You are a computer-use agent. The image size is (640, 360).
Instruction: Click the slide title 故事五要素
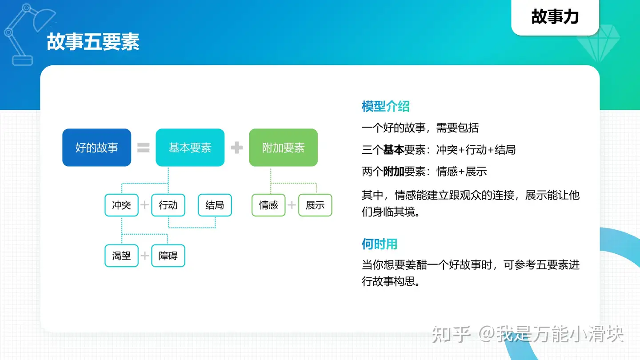[93, 42]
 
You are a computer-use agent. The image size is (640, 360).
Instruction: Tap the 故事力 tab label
[555, 16]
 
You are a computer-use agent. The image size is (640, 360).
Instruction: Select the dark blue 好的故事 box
[96, 148]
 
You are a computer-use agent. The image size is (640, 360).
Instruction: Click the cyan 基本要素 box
[190, 148]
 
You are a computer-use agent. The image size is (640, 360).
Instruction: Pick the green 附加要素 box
[283, 148]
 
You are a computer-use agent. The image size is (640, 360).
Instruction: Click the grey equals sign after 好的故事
[144, 148]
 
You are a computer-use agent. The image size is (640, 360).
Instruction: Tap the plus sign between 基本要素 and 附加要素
[236, 148]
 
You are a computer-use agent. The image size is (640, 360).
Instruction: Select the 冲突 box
[121, 205]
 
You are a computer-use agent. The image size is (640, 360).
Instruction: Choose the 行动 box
[168, 205]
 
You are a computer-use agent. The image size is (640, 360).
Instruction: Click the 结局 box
[215, 205]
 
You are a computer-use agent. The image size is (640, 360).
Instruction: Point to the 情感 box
[268, 205]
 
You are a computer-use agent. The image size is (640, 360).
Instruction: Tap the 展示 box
[315, 205]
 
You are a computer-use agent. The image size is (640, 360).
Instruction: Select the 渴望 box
[121, 256]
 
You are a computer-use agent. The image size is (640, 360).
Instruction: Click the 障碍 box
[168, 256]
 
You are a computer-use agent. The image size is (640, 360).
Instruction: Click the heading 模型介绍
[385, 106]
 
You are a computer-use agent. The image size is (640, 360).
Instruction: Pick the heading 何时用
[380, 244]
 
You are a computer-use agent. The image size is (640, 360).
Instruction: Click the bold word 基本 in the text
[393, 150]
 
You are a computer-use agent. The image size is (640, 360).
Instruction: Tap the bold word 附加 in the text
[393, 172]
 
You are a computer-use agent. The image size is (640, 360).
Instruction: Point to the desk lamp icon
[28, 34]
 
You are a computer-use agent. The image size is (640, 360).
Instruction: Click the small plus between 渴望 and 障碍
[145, 256]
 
